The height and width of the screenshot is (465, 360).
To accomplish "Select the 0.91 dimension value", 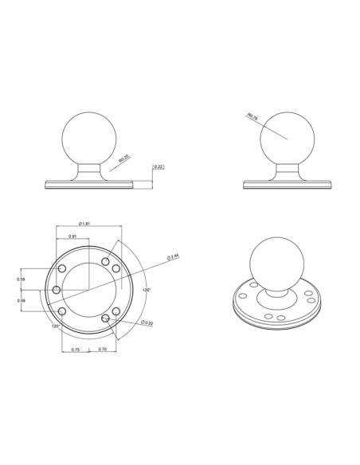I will point(72,236).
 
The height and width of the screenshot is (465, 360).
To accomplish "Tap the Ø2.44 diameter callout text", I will point(172,256).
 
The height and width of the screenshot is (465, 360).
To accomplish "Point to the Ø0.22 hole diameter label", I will point(147,322).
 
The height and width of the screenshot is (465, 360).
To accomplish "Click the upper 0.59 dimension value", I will point(21,279).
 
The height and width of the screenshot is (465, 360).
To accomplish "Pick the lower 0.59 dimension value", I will point(21,300).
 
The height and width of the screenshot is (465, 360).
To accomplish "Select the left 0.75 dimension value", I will point(75,349).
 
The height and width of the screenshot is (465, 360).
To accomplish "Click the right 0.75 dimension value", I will point(102,349).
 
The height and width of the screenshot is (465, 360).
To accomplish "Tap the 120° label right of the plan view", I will point(146,290).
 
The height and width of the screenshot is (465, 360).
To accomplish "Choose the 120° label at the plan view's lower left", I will point(56,326).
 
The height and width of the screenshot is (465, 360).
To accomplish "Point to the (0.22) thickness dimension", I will point(158,166).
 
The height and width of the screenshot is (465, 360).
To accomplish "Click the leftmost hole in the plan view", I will point(57,290).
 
